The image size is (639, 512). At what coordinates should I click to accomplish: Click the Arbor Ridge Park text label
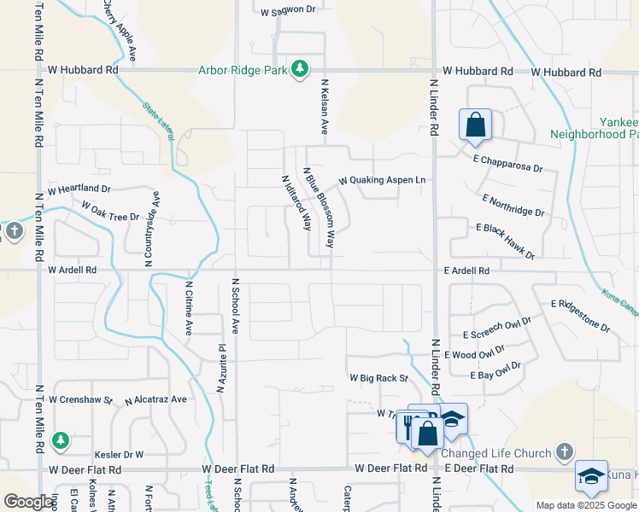pos(243,70)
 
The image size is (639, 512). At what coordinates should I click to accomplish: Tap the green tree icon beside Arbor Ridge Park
pos(300,68)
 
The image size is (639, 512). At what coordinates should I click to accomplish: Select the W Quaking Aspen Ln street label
pos(382,181)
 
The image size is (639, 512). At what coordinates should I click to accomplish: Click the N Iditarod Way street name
pos(296,203)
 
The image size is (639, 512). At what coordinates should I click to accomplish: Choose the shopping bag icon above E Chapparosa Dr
pos(475,125)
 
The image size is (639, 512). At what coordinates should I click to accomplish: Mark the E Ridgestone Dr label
pos(581,315)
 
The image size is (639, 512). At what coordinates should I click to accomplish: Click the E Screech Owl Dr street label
pos(496,329)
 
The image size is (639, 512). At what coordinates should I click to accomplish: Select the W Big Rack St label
pos(378,377)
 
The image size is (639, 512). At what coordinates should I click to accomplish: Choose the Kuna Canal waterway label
pos(618,300)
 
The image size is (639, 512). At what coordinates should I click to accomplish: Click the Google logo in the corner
pos(28,502)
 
